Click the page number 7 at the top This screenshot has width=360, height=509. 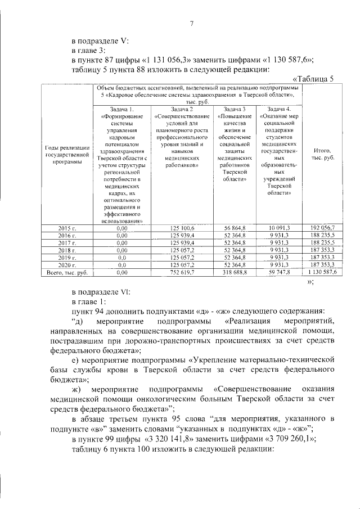(191, 23)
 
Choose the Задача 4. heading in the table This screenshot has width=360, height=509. (280, 109)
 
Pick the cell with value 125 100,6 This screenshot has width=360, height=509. (182, 228)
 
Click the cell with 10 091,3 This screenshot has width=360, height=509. (280, 228)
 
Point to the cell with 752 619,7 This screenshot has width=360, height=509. (182, 272)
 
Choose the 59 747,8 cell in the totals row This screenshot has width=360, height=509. (280, 272)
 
